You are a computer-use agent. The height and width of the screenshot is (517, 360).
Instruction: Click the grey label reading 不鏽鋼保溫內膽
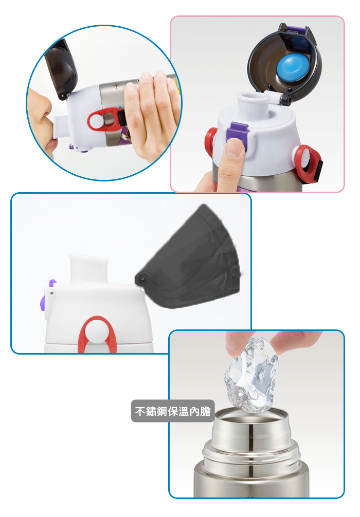[x=173, y=411]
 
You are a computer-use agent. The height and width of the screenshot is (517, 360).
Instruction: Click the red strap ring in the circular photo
[x=103, y=121]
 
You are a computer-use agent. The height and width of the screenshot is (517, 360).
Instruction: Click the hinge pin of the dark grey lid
[x=142, y=279]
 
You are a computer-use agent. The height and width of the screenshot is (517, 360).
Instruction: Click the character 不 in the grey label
[x=140, y=411]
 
